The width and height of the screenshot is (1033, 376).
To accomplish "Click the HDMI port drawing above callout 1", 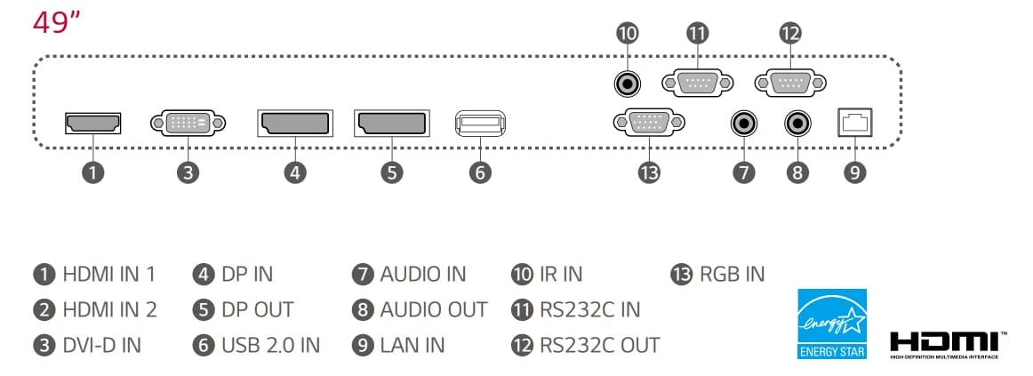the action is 92,123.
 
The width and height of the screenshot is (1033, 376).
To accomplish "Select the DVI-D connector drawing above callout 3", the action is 188,123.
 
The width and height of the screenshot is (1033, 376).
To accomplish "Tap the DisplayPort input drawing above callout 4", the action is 295,124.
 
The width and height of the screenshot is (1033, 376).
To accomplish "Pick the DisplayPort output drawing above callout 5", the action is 391,124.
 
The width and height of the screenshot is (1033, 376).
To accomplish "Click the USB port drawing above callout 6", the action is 480,124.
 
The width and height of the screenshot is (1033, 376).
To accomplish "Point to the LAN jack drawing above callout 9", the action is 854,123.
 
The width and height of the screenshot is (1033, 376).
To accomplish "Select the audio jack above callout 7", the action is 744,123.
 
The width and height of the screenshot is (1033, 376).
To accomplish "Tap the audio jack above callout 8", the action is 797,123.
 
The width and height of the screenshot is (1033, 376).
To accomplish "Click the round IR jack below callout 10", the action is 628,84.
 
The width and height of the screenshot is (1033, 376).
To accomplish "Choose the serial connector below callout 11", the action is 697,83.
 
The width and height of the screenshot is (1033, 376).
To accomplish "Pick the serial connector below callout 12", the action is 790,83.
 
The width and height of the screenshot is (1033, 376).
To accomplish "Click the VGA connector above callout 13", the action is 649,123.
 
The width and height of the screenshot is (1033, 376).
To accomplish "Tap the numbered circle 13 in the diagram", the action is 649,172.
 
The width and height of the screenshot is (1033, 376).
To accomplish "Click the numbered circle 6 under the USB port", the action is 480,172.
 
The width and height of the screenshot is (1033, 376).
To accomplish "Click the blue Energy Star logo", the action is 832,324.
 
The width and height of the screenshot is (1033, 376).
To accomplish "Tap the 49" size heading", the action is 56,24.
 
